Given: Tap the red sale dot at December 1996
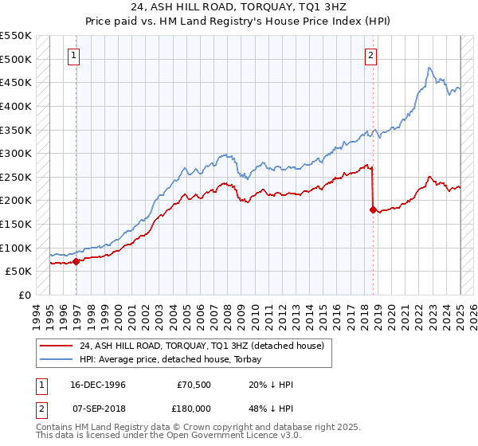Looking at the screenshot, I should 76,260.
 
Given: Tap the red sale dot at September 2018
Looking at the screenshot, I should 373,209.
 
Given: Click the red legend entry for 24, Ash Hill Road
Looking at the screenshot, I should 202,346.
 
